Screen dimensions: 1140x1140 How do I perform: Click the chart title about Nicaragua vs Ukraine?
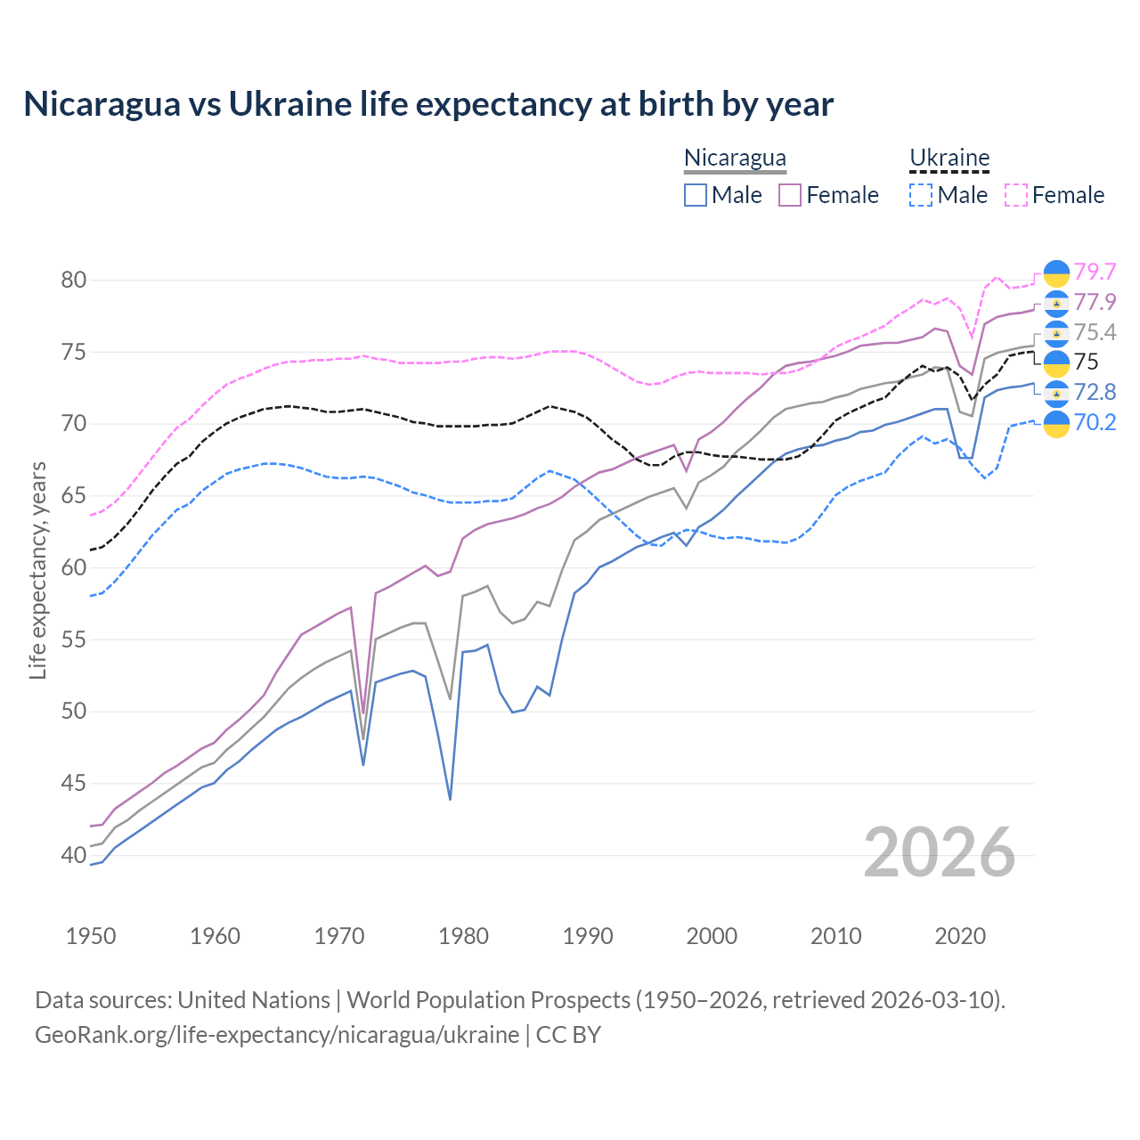click(x=428, y=104)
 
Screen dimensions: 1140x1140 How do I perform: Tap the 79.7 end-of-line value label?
click(x=1095, y=272)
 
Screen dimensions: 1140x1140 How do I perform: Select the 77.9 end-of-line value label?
click(x=1095, y=302)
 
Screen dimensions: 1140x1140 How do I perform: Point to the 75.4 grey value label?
click(x=1095, y=332)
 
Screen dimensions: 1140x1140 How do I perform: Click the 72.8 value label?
click(x=1095, y=392)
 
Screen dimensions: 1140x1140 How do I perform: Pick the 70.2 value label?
click(x=1095, y=422)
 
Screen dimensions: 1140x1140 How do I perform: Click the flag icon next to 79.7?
click(x=1056, y=273)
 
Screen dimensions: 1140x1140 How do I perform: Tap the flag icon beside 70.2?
click(x=1056, y=424)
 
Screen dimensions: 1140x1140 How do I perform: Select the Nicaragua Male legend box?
click(x=696, y=195)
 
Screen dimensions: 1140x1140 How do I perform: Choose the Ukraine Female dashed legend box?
click(x=1016, y=195)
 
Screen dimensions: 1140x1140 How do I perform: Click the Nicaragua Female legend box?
click(x=790, y=195)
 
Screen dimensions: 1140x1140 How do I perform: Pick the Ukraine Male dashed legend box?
click(x=921, y=195)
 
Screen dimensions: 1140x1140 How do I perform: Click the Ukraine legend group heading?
click(x=949, y=159)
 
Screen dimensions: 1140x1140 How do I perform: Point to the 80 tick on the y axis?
click(x=74, y=280)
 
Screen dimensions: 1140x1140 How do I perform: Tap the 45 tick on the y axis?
click(x=74, y=784)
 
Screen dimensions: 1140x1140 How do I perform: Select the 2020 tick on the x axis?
click(x=960, y=936)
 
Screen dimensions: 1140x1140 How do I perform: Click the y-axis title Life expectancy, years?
click(x=38, y=570)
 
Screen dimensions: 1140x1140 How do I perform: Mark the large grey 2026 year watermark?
click(x=940, y=852)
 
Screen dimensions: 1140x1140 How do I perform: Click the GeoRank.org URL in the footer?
click(x=277, y=1035)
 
